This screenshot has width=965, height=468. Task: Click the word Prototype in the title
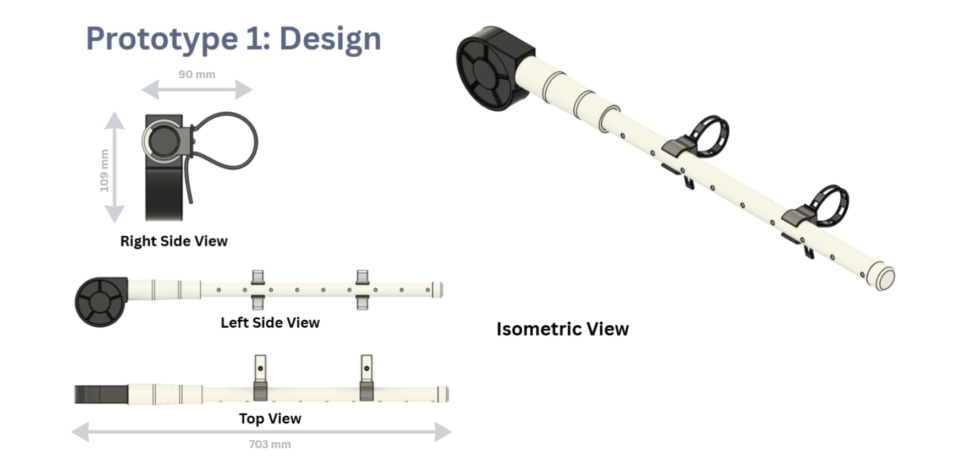(x=162, y=39)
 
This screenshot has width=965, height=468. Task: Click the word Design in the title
(x=330, y=39)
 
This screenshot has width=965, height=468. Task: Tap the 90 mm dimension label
(x=197, y=74)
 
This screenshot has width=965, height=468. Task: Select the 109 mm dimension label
(x=104, y=171)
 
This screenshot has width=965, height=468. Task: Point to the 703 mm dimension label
(x=270, y=444)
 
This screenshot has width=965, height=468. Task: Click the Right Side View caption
(x=174, y=241)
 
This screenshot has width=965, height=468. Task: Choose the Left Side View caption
(x=270, y=323)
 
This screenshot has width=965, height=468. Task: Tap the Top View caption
(x=270, y=418)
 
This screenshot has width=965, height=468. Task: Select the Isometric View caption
(x=562, y=329)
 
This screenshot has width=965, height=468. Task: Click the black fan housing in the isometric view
(x=490, y=69)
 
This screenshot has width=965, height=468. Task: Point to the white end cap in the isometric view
(x=881, y=276)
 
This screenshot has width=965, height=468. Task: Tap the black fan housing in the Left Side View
(x=100, y=301)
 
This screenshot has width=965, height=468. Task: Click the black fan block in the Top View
(x=101, y=394)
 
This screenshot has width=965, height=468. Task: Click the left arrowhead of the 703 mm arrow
(x=80, y=432)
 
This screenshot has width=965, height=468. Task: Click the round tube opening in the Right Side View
(x=163, y=142)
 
